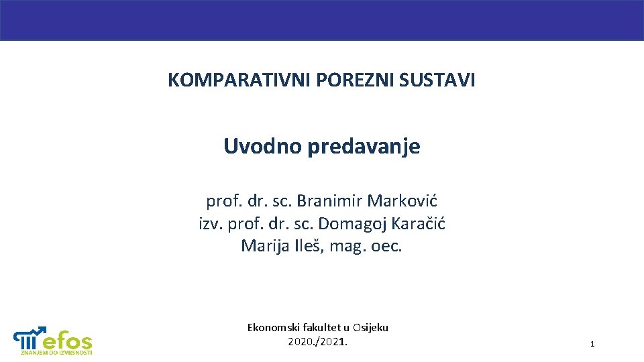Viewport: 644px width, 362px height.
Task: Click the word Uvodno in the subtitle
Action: tap(262, 146)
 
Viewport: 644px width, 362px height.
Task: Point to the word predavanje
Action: tap(364, 146)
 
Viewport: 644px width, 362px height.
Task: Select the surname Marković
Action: tap(407, 200)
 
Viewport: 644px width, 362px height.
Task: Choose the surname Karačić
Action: tap(418, 223)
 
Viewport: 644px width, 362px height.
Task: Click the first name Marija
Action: tap(264, 246)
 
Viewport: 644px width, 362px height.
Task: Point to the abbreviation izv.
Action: tap(211, 223)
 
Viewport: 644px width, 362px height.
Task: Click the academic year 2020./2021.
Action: tap(318, 342)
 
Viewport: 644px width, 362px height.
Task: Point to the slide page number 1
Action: tap(592, 344)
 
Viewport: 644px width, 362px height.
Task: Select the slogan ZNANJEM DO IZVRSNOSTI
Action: tap(56, 353)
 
